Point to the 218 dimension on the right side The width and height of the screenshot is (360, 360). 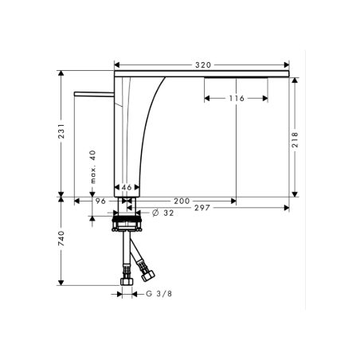pos(295,139)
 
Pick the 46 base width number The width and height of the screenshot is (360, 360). pos(127,188)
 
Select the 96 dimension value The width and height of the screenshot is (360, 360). pos(100,201)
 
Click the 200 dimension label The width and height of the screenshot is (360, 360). pos(181,201)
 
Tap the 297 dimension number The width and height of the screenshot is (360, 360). pos(201,209)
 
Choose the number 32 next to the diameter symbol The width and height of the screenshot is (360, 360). pos(168,213)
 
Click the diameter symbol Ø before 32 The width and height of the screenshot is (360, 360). pos(155,213)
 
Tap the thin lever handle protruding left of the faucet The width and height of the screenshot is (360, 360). pos(95,93)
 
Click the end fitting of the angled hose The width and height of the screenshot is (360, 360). pos(147,276)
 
